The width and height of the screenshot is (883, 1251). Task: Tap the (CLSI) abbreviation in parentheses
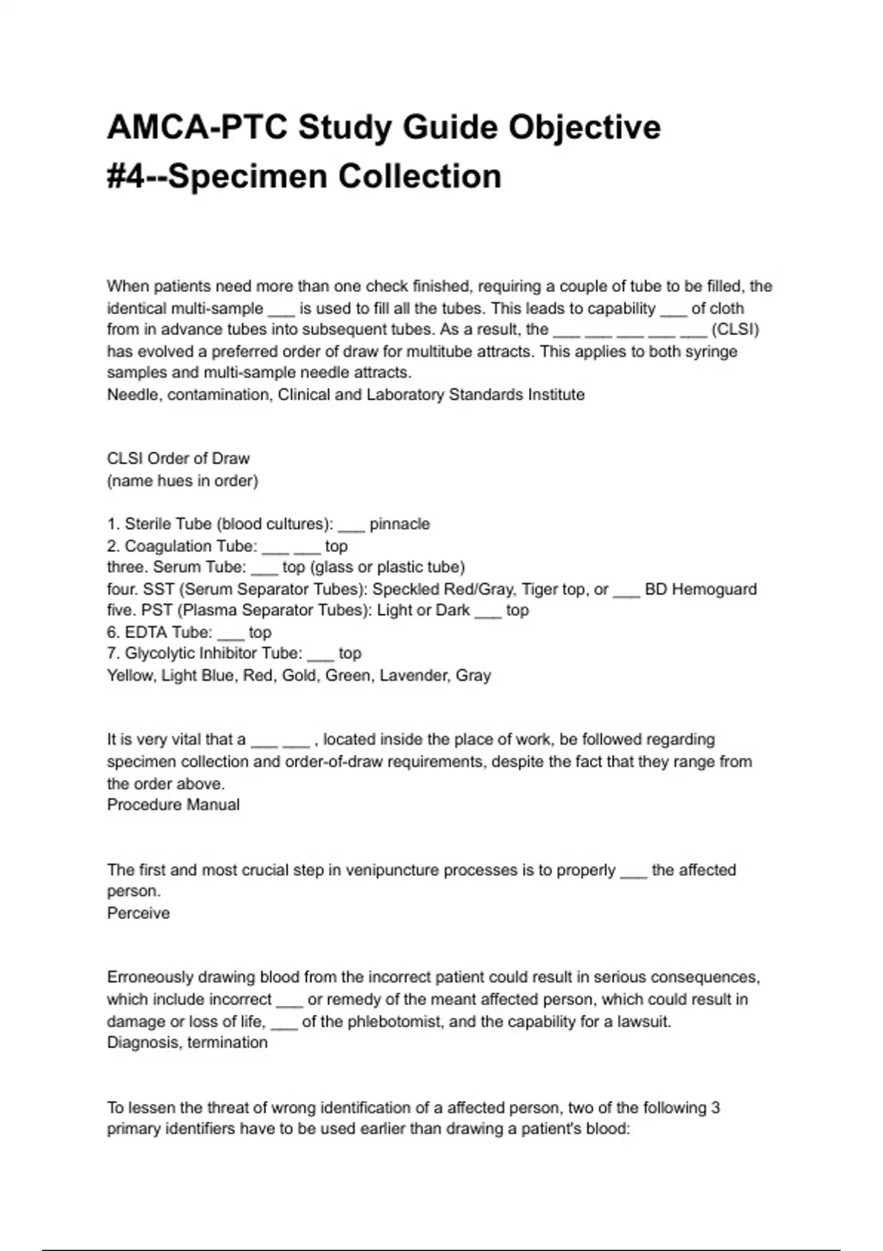coord(735,329)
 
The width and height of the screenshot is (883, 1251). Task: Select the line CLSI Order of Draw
coord(178,458)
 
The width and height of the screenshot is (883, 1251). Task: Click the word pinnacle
coord(400,524)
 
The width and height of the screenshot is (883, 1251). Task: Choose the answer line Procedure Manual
coord(173,804)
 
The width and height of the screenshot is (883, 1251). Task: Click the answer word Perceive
coord(138,913)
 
